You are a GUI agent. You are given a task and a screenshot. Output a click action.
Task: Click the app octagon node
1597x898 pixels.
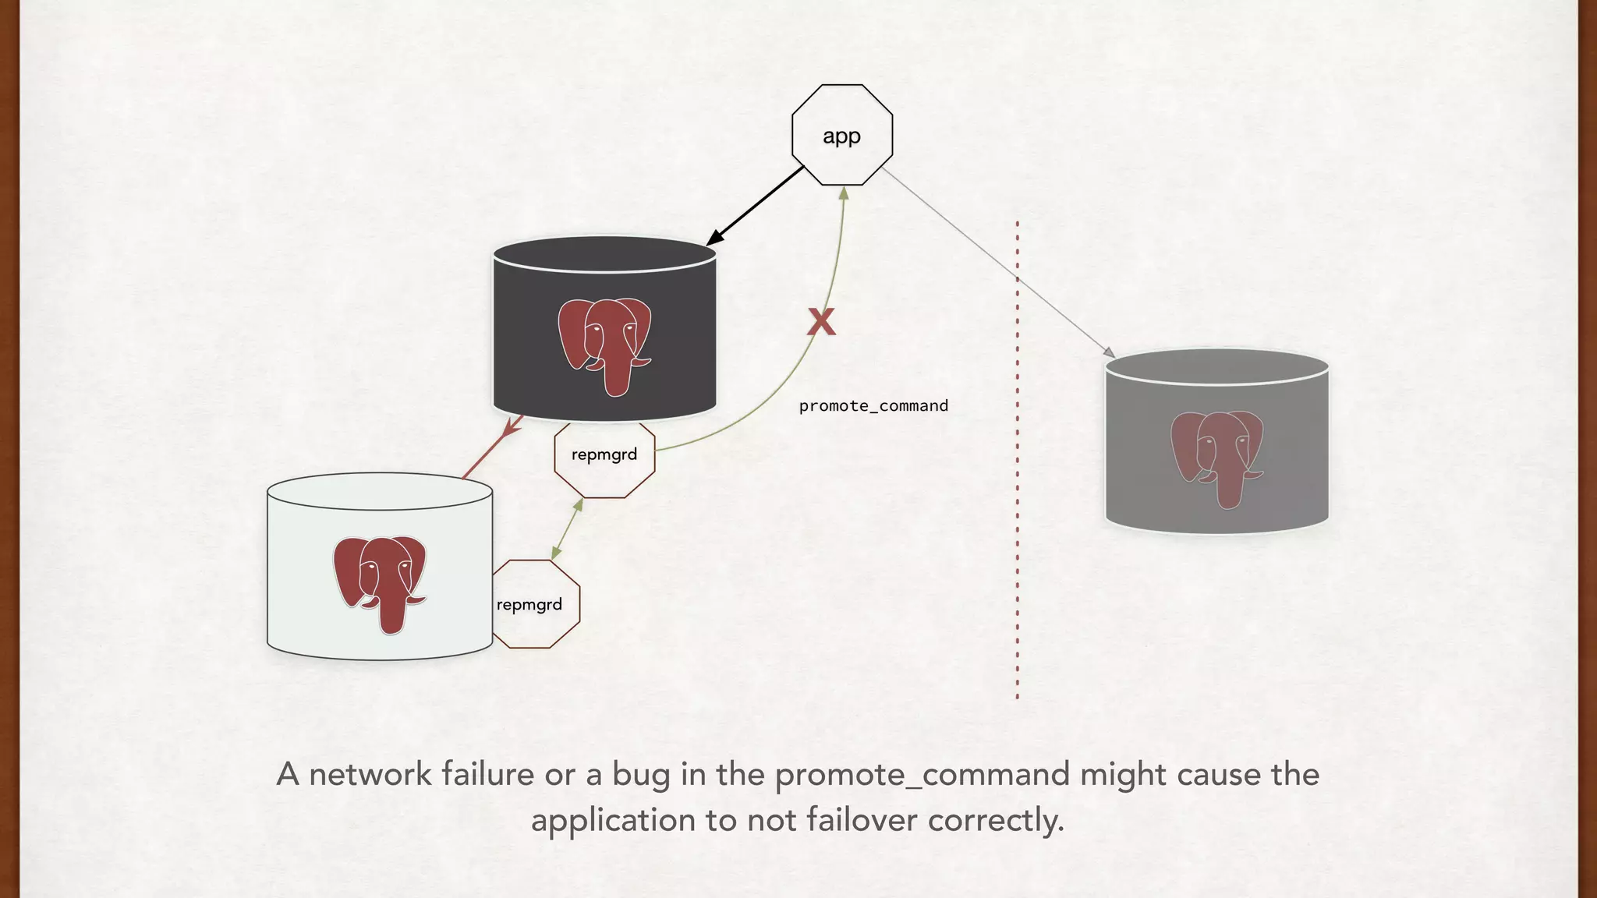842,135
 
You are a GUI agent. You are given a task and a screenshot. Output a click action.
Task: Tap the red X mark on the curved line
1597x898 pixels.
820,321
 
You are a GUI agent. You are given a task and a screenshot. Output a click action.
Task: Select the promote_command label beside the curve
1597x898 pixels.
873,405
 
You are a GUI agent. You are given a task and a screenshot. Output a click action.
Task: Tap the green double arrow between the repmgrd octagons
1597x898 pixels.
567,529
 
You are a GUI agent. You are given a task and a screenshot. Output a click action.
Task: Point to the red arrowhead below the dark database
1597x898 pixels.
512,427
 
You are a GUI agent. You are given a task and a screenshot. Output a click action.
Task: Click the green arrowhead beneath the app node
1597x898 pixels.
844,193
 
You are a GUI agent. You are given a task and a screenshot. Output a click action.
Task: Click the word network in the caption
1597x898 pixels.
370,774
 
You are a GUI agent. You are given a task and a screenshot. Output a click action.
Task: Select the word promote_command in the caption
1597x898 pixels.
922,774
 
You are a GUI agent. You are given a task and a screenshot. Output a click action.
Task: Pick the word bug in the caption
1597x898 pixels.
642,774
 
